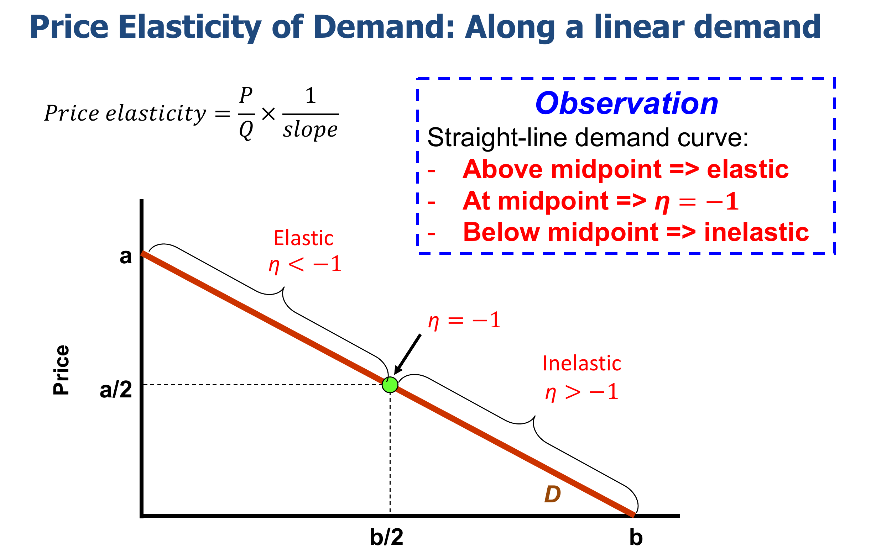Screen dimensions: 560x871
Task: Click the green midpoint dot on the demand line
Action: pyautogui.click(x=390, y=385)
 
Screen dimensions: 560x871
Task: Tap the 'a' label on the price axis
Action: pyautogui.click(x=126, y=257)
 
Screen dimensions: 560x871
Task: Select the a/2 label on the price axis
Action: pyautogui.click(x=116, y=390)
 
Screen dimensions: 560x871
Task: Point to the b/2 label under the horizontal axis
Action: pyautogui.click(x=387, y=537)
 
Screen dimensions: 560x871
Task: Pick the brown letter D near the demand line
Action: pyautogui.click(x=552, y=495)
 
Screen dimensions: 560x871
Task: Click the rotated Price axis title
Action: pyautogui.click(x=61, y=370)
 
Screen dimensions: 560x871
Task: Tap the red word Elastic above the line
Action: pyautogui.click(x=303, y=238)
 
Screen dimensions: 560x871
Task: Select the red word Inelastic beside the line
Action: pyautogui.click(x=581, y=364)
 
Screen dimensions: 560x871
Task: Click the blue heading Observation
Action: pyautogui.click(x=627, y=104)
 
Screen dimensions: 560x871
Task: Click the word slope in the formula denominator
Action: pyautogui.click(x=311, y=130)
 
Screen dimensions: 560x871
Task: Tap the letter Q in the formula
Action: pyautogui.click(x=246, y=130)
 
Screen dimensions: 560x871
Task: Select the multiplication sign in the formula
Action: pyautogui.click(x=268, y=114)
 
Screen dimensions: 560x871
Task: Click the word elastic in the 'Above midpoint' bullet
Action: pyautogui.click(x=747, y=169)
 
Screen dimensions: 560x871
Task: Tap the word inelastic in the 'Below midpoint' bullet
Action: pyautogui.click(x=756, y=232)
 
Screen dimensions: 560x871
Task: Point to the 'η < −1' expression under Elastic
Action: pyautogui.click(x=305, y=264)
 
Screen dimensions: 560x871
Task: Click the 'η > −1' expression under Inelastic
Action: pyautogui.click(x=581, y=392)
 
